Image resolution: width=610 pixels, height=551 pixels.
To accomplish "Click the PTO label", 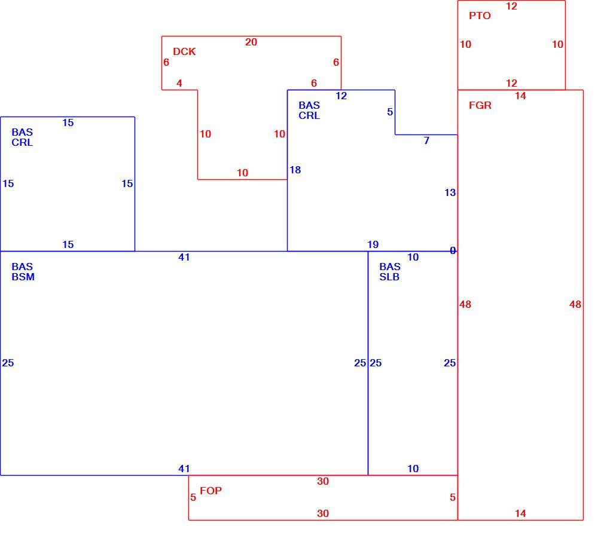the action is point(480,16).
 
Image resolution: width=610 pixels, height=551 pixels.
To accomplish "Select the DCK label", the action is point(184,51).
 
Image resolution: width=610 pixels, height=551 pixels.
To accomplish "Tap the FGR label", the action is point(480,105).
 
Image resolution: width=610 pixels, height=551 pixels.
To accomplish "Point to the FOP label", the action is point(211,490).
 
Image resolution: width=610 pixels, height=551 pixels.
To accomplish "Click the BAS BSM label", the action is point(23,271).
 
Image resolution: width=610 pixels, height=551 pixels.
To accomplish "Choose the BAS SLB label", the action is point(390,271).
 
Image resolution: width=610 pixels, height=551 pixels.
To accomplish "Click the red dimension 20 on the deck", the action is point(251,42).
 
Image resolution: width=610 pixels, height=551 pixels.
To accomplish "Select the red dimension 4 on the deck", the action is point(179,83).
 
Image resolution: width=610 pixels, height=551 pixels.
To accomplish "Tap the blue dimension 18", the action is point(295,170).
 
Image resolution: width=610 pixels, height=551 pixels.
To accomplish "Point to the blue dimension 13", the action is point(450,192).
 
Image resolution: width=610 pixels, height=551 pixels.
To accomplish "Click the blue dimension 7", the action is point(427,140).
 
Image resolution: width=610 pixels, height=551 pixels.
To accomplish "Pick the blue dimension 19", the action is point(373,244).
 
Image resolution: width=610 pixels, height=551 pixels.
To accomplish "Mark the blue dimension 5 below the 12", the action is point(390,112).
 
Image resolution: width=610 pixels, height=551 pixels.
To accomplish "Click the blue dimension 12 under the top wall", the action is point(341,96).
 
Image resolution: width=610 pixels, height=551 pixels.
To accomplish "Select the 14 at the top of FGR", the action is point(520,96).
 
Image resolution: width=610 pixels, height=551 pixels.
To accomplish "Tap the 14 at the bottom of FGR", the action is point(520,513).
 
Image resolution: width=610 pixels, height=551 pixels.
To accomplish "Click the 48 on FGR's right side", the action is point(575,304).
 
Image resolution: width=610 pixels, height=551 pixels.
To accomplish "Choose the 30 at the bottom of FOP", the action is point(323,513).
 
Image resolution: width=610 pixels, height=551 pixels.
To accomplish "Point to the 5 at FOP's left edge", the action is point(193,497).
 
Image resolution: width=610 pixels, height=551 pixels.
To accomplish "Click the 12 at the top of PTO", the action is point(511,6).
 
